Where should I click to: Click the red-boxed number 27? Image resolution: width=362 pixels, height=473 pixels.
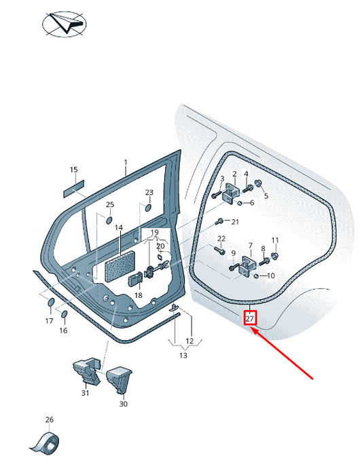(x=250, y=318)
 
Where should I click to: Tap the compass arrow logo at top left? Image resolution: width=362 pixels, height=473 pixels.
(x=65, y=24)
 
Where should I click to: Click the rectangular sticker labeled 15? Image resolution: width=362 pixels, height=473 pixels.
(x=73, y=189)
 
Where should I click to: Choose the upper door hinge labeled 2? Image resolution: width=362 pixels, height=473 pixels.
(x=231, y=192)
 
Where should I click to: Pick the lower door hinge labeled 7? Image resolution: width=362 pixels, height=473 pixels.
(x=248, y=266)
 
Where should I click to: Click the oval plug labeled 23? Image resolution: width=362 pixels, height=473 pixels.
(x=149, y=208)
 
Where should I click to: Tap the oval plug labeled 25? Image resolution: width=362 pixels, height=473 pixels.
(x=109, y=220)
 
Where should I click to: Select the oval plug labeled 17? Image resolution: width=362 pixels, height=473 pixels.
(x=51, y=302)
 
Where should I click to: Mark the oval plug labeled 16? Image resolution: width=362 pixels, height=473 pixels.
(x=64, y=314)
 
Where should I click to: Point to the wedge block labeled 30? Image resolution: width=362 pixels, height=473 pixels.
(x=120, y=379)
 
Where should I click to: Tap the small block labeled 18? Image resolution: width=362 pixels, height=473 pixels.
(x=135, y=279)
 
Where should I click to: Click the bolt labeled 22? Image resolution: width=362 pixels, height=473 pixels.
(x=219, y=250)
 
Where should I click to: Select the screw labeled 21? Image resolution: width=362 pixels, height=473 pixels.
(x=219, y=222)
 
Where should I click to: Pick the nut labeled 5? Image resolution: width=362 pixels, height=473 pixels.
(x=259, y=183)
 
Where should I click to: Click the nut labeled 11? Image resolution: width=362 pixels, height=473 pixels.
(x=275, y=256)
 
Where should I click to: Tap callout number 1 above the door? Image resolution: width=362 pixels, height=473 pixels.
(x=126, y=163)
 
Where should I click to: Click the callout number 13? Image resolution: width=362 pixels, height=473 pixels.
(x=183, y=356)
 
